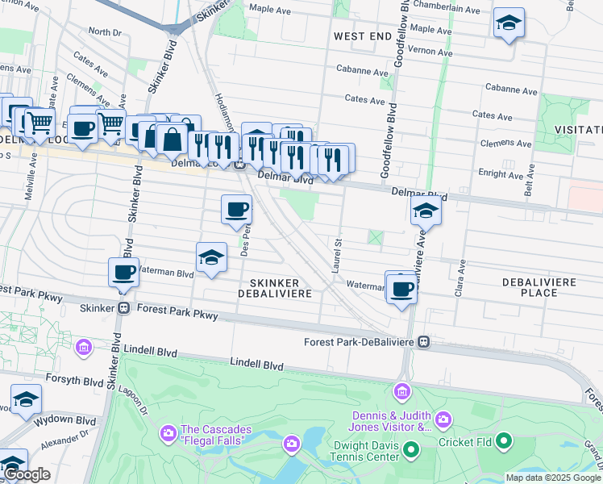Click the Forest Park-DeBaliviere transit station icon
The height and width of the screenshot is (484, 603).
[x=423, y=342]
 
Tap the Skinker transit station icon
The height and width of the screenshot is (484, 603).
[x=124, y=308]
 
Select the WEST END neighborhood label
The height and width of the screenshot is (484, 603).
[x=357, y=37]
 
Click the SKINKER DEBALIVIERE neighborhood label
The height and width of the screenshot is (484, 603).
[x=274, y=288]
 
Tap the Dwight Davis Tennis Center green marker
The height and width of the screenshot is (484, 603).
[x=411, y=449]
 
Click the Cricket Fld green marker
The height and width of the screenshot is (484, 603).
[x=505, y=440]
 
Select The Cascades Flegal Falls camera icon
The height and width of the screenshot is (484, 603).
[x=168, y=433]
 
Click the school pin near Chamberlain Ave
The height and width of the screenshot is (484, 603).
[x=509, y=23]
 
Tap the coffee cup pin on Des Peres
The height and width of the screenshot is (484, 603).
[x=236, y=209]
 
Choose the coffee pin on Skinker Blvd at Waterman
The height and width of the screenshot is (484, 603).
[x=124, y=272]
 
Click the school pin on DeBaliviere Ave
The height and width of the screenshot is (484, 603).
[x=426, y=211]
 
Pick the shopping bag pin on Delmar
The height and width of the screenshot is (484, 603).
[x=172, y=139]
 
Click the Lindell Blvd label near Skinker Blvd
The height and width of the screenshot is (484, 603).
[x=150, y=353]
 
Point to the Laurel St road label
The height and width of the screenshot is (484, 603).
[x=337, y=255]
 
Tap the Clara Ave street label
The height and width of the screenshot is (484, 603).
[x=462, y=275]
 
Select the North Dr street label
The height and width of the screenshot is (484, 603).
[x=105, y=31]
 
